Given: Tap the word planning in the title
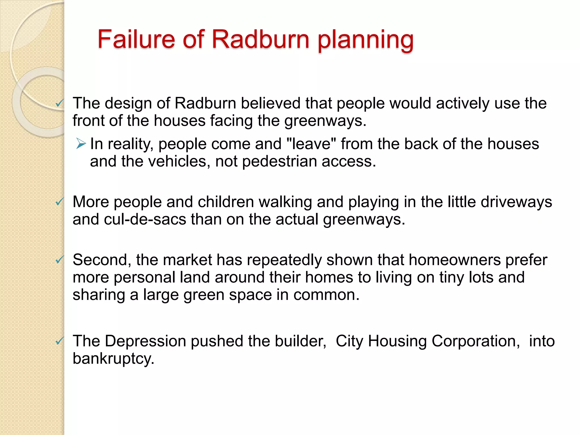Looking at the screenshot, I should tap(365, 40).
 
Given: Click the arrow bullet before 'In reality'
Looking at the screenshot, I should tap(81, 144).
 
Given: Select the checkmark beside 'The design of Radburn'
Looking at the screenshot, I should tap(59, 103).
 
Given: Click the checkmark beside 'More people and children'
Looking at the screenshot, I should tap(59, 202).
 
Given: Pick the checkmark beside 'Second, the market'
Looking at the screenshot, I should tap(59, 260).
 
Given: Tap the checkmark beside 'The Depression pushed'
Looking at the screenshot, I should tap(59, 341).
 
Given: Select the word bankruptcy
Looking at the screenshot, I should tap(113, 359).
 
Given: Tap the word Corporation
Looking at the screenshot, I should tap(476, 341).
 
